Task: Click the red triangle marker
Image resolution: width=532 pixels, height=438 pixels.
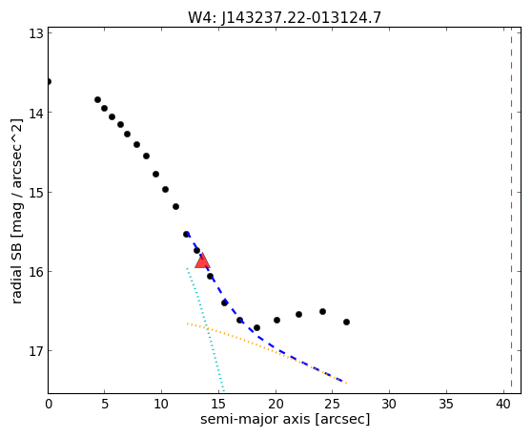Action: point(202,261)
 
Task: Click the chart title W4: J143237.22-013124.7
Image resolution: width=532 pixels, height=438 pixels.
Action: point(285,18)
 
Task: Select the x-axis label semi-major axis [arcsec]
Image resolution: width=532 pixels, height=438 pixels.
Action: point(285,419)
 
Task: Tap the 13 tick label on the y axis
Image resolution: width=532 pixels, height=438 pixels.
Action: point(35,33)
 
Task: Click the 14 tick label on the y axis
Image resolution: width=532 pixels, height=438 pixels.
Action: point(35,113)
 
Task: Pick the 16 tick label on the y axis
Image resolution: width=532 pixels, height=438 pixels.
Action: point(35,272)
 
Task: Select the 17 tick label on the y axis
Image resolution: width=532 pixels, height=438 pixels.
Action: point(35,351)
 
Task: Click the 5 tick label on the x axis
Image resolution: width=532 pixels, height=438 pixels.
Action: point(105,404)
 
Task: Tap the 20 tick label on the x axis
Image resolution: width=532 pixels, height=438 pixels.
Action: point(276,404)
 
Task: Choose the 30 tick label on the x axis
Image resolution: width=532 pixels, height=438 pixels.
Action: point(389,404)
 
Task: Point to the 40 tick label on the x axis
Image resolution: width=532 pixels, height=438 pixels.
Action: point(502,404)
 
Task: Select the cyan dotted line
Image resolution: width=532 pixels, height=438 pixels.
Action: point(205,330)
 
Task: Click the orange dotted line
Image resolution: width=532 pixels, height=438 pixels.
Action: point(267,353)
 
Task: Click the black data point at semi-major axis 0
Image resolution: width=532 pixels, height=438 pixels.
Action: point(49,81)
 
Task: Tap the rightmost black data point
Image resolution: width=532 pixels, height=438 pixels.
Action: point(346,322)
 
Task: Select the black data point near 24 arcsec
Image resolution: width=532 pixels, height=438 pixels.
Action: point(322,311)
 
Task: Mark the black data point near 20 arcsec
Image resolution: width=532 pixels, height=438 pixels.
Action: point(276,320)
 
